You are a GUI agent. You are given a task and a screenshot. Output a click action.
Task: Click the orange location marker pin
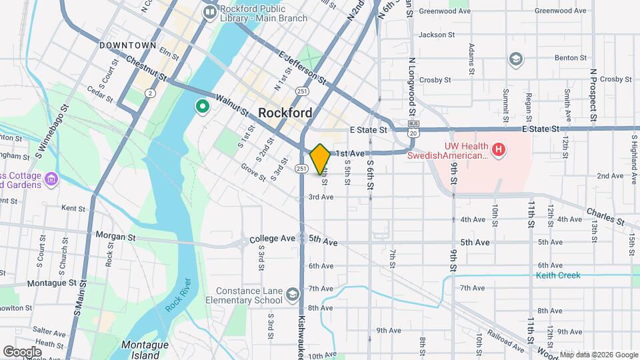(x=320, y=159)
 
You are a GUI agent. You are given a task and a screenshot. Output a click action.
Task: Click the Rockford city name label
(x=285, y=113)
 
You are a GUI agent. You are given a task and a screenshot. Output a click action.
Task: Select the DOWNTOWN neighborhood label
(x=127, y=45)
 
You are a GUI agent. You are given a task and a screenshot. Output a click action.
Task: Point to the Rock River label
(x=174, y=293)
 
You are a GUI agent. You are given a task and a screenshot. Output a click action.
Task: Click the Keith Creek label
(x=558, y=275)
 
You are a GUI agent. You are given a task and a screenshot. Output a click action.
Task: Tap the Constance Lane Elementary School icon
(x=292, y=294)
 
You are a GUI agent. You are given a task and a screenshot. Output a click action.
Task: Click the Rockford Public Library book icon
(x=211, y=11)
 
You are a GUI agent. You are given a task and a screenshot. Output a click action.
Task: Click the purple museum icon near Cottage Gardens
(x=53, y=179)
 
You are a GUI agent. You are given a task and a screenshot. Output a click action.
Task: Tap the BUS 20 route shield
(x=413, y=129)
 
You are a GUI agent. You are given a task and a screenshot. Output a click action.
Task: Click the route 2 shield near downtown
(x=151, y=93)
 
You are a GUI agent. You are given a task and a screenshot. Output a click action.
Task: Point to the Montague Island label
(x=141, y=349)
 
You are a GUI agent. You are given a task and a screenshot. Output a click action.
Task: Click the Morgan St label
(x=115, y=236)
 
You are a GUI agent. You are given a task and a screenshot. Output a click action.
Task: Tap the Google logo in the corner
(x=22, y=351)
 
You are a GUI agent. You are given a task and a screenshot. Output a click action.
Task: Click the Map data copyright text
(x=598, y=354)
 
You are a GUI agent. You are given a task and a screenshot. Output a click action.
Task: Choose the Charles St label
(x=605, y=217)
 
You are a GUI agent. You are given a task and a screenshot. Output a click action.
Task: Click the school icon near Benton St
(x=515, y=59)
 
